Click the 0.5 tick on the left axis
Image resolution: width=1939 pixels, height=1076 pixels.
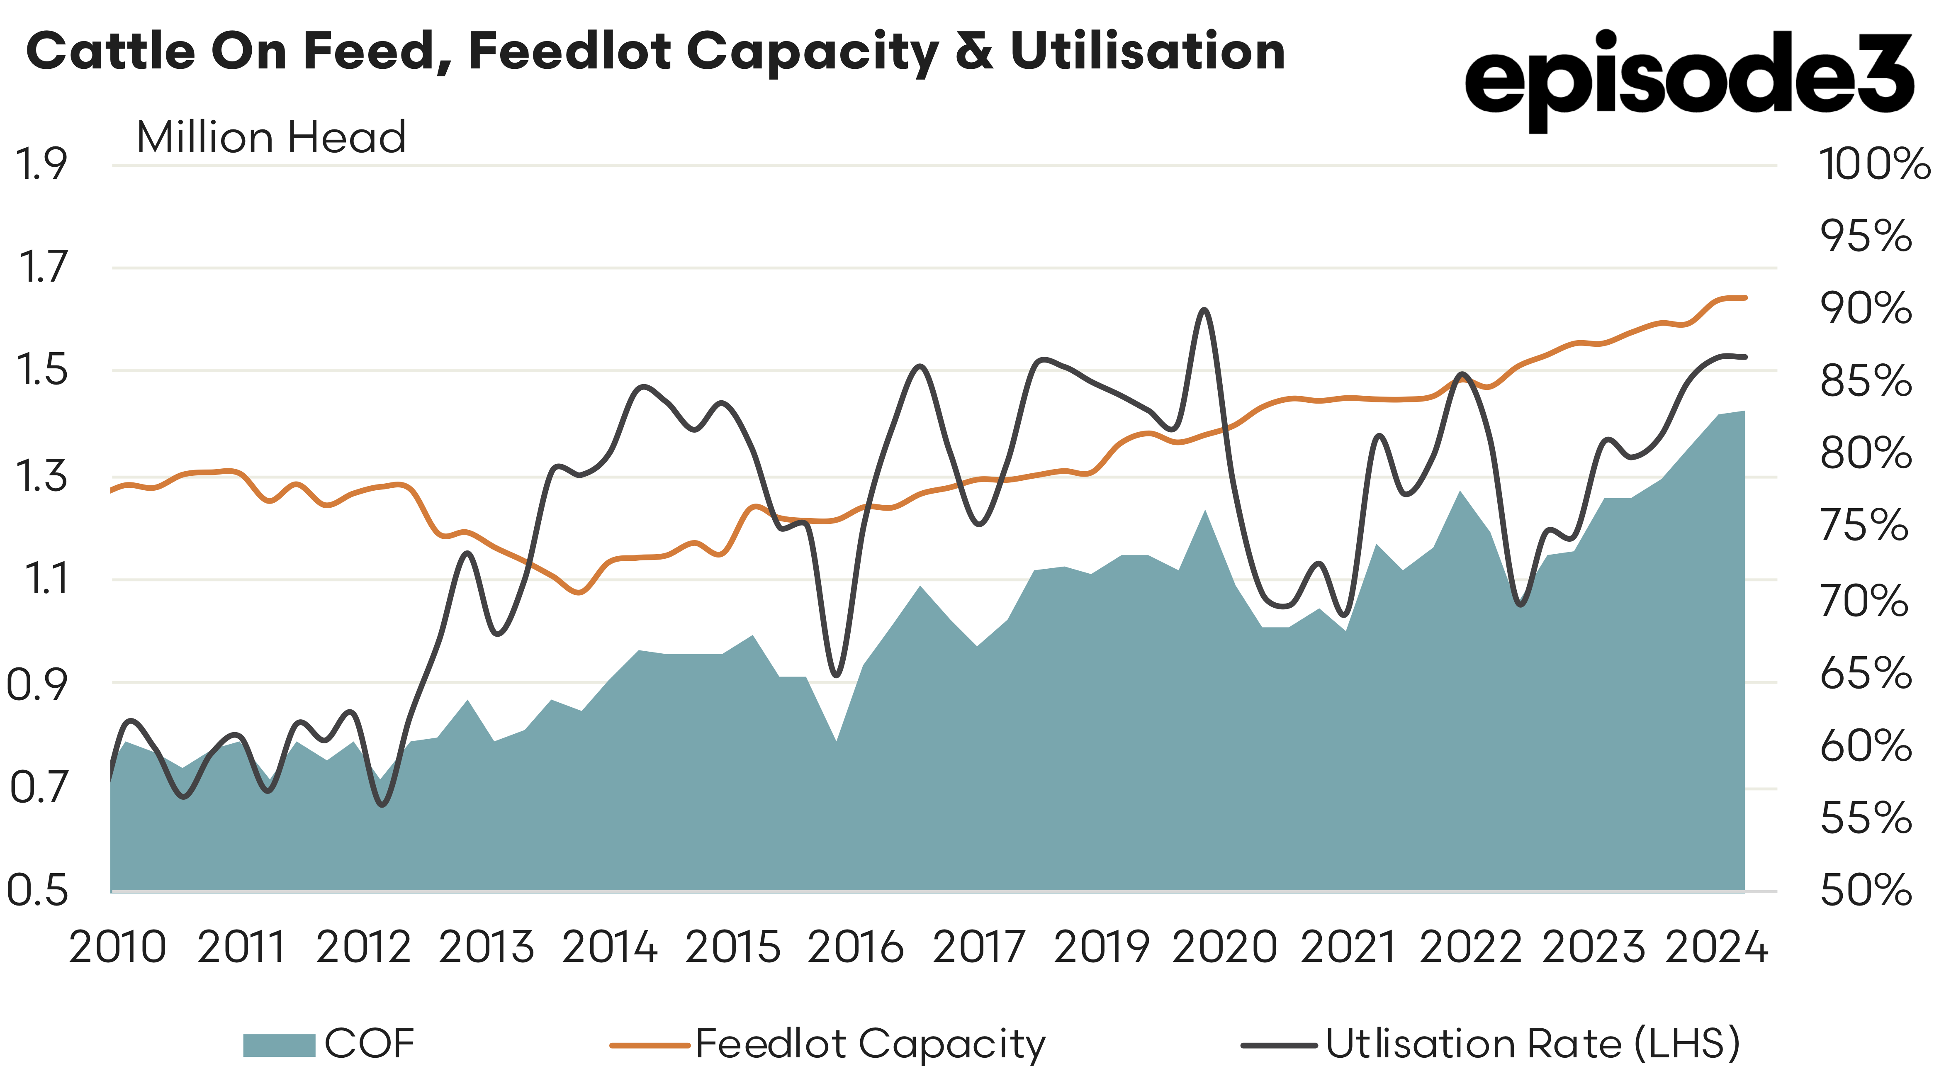(38, 890)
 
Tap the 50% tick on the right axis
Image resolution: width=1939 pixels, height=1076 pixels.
(1865, 890)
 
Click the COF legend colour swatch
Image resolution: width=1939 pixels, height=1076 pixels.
(278, 1045)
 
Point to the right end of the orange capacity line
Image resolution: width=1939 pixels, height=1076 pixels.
(1745, 297)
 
